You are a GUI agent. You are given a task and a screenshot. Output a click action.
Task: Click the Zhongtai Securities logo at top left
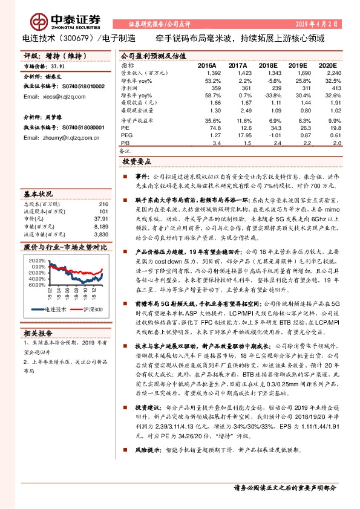click(48, 21)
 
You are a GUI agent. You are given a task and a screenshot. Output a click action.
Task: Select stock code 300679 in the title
click(73, 37)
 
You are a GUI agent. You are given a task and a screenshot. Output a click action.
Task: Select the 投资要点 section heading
click(137, 162)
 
